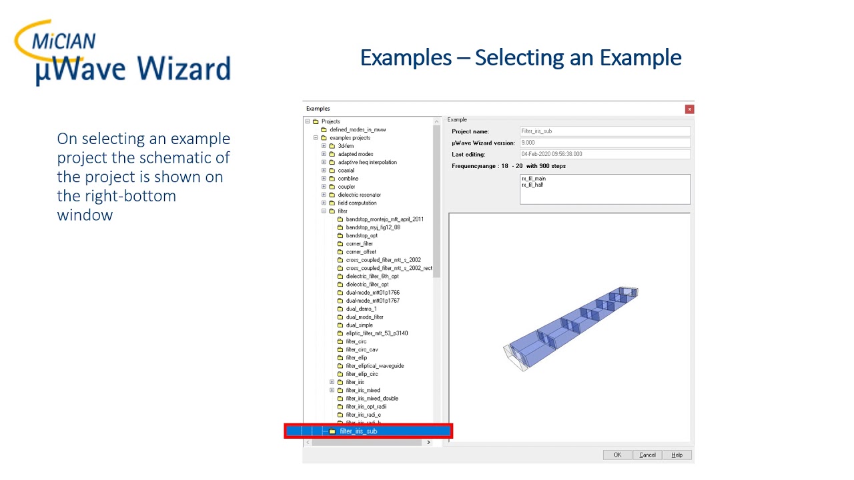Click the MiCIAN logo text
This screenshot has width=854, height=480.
[64, 41]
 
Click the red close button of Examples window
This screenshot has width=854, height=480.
[689, 109]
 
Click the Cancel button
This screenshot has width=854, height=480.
[647, 455]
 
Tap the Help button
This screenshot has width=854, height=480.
[677, 455]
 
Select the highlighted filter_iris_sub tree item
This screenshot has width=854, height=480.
[358, 431]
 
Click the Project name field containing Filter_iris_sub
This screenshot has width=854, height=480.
[604, 131]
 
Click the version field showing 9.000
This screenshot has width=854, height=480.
[604, 143]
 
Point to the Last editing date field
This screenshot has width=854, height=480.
[604, 154]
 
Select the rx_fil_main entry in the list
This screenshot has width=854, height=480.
[534, 179]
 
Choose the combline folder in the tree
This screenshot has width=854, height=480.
[348, 179]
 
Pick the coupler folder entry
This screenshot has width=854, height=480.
[346, 187]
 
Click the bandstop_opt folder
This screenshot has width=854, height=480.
[361, 235]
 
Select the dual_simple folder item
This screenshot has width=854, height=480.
[359, 325]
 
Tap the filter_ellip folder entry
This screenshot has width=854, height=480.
[356, 358]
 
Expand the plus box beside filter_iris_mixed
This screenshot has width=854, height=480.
[332, 391]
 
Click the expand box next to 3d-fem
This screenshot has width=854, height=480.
[324, 146]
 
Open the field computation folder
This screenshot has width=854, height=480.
[357, 203]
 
